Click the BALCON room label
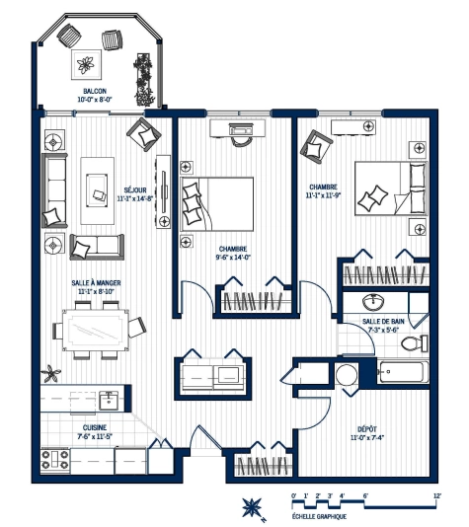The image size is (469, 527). point(95,90)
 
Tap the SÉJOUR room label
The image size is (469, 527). point(135,189)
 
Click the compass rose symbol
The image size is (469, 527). point(251,507)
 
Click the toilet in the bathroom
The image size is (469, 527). point(418,343)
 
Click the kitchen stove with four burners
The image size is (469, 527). point(56,459)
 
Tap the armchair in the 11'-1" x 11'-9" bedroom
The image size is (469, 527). point(319,146)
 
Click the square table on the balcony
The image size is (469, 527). point(86,66)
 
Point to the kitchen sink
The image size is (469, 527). point(109,400)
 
